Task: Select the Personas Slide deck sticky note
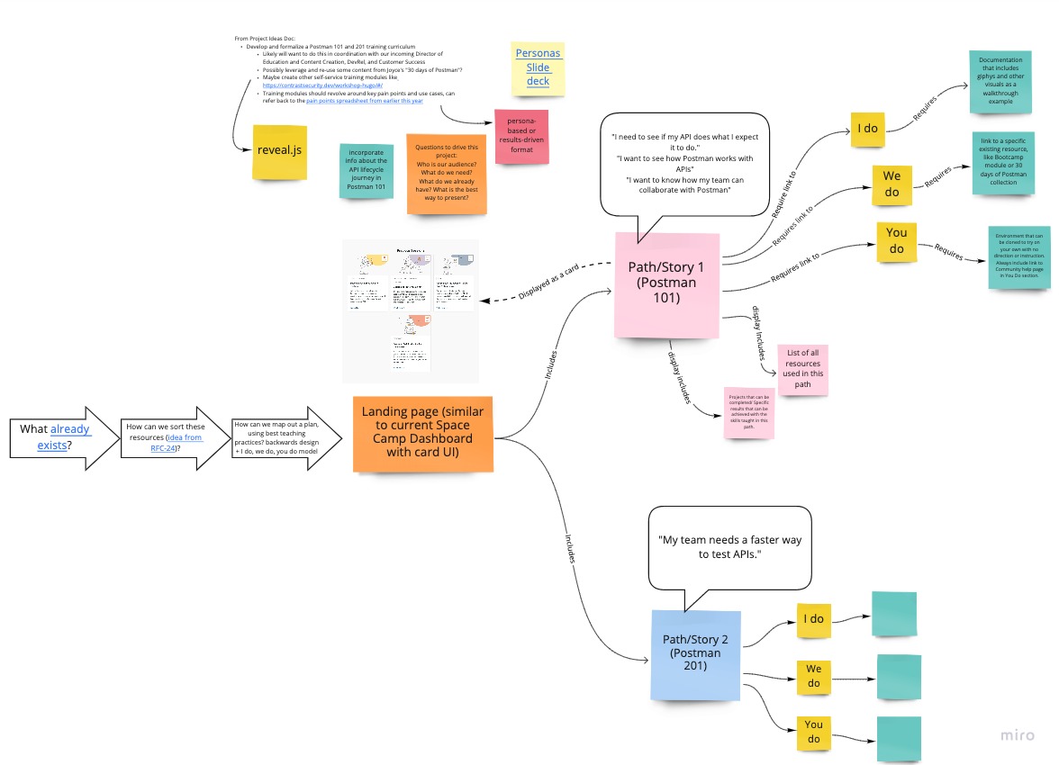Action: tap(538, 67)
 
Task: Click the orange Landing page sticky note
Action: tap(422, 433)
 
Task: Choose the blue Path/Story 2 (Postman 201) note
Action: tap(696, 654)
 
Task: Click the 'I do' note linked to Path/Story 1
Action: tap(867, 129)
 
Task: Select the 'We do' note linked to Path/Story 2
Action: tap(814, 676)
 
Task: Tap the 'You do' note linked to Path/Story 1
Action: tap(897, 240)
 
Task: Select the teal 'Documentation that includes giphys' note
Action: tap(1001, 82)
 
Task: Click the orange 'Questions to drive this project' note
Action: tap(447, 174)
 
